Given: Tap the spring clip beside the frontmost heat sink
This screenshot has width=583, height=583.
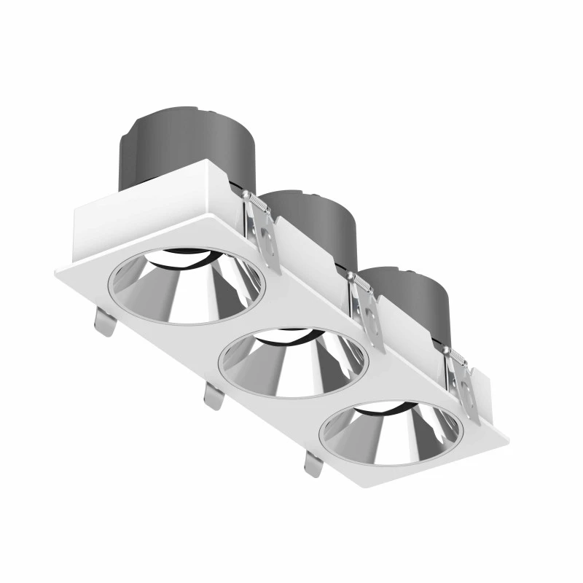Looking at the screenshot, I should (x=463, y=383).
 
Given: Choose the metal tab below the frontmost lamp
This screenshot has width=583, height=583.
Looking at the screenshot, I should (x=313, y=463).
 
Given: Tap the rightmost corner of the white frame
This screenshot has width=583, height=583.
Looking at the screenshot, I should (x=507, y=442).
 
